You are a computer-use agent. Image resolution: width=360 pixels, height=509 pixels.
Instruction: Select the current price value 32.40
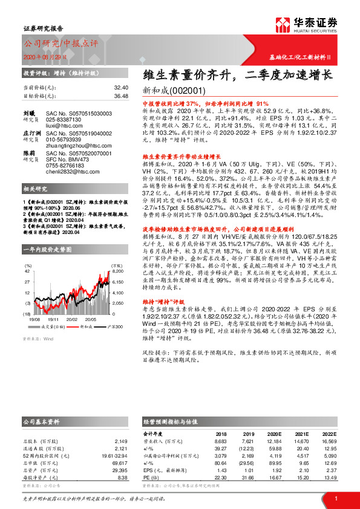(x=121, y=88)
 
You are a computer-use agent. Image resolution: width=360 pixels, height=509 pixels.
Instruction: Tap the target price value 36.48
(x=121, y=96)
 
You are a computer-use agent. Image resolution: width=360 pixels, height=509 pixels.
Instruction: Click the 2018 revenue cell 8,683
(x=221, y=442)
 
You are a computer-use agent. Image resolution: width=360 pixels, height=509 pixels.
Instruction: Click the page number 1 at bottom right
(x=335, y=498)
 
